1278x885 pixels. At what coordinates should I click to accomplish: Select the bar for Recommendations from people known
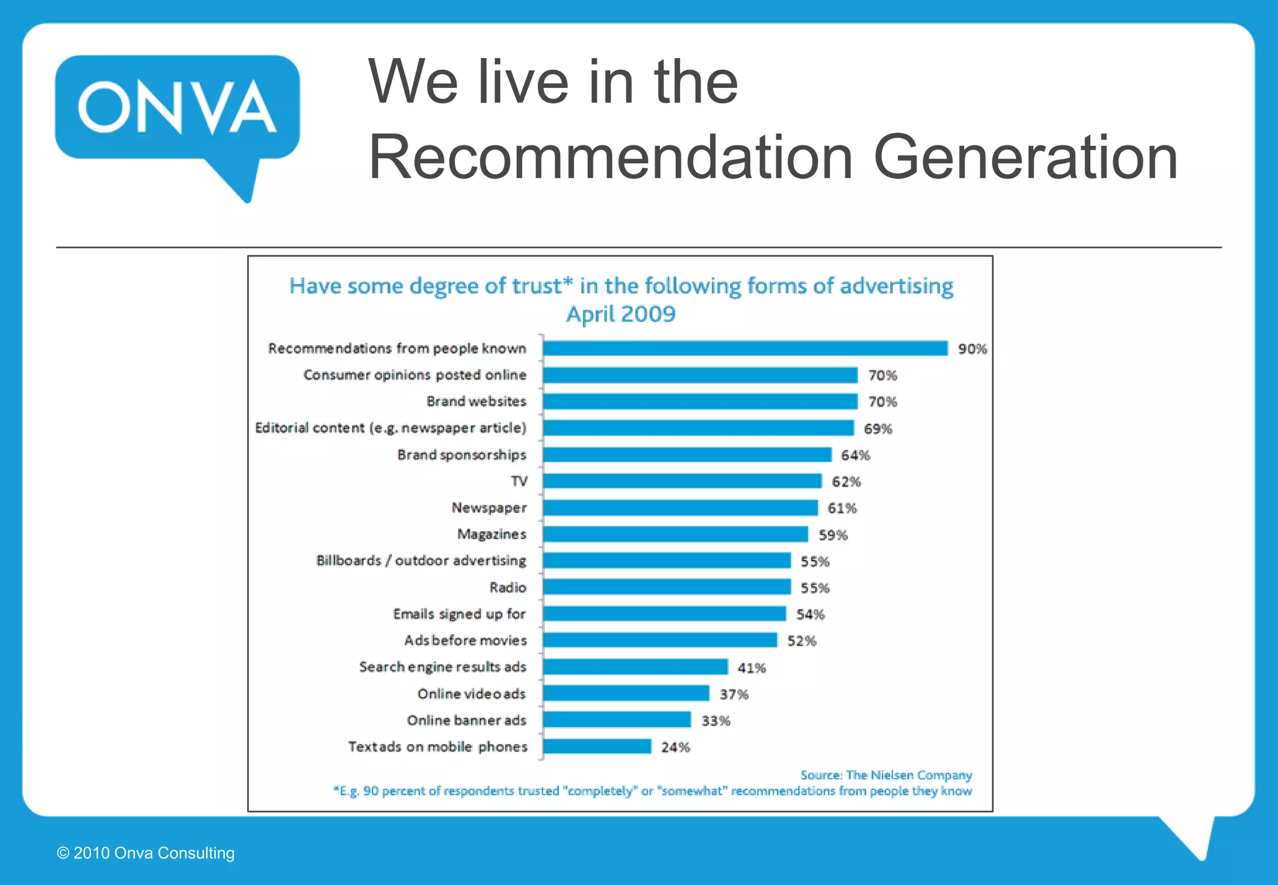[x=745, y=348]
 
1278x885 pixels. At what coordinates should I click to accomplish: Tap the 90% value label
[x=972, y=349]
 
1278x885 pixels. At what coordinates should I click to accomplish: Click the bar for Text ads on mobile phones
[x=597, y=746]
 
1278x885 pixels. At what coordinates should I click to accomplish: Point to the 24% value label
[x=675, y=747]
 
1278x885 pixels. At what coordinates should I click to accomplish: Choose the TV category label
[x=519, y=481]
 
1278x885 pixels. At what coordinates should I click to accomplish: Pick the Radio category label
[x=508, y=587]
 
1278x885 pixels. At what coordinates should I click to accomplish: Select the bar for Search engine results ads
[x=635, y=667]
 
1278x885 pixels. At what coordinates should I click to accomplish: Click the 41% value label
[x=751, y=668]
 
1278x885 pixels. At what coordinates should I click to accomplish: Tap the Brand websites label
[x=476, y=401]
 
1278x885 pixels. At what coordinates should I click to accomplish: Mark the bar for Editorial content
[x=698, y=428]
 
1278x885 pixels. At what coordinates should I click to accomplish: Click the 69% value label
[x=877, y=429]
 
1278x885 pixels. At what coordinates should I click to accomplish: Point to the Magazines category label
[x=492, y=534]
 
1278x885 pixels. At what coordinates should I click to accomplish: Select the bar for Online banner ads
[x=617, y=720]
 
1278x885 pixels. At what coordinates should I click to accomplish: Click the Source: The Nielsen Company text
[x=886, y=775]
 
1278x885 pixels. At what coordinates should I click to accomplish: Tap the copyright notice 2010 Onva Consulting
[x=146, y=853]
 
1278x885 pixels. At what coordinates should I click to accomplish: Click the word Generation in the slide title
[x=1025, y=157]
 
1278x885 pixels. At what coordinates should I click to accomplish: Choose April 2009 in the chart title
[x=620, y=314]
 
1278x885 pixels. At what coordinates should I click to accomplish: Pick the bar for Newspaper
[x=680, y=508]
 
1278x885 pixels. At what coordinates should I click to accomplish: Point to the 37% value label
[x=733, y=694]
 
